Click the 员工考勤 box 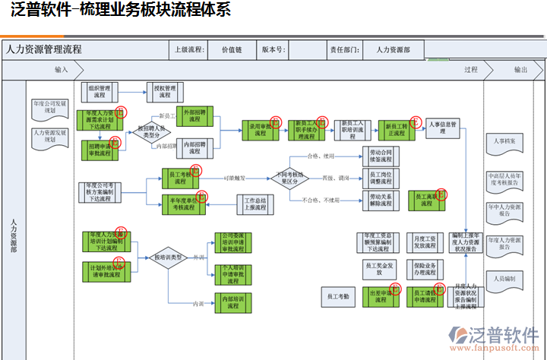[x=338, y=296]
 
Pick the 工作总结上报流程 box [x=256, y=203]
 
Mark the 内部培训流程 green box [x=230, y=302]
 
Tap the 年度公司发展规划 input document [x=50, y=107]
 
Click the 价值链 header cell [x=231, y=49]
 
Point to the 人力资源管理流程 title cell [x=44, y=49]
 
